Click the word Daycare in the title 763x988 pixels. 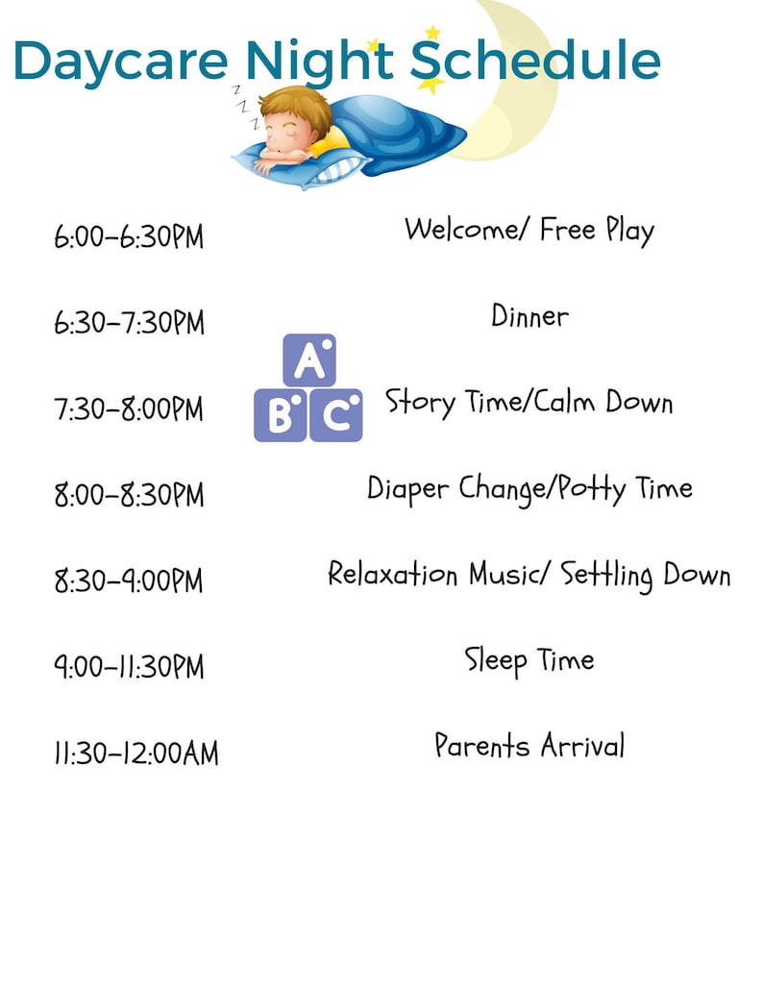(120, 61)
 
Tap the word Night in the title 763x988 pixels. (318, 61)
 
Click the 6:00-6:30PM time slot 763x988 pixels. (129, 236)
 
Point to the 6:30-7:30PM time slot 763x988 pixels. (129, 323)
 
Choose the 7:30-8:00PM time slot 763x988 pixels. (129, 409)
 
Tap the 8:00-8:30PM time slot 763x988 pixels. (129, 496)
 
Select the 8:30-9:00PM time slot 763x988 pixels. (129, 581)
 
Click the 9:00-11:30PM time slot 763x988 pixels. (129, 667)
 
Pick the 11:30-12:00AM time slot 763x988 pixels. (135, 753)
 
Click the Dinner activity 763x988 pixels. (529, 316)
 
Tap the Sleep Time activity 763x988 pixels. (529, 661)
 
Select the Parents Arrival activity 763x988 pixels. (529, 746)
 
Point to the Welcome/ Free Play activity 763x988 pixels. (529, 231)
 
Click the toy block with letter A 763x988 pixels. (309, 360)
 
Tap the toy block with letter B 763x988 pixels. (281, 415)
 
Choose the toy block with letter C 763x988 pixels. (335, 415)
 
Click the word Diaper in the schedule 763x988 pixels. (408, 489)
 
